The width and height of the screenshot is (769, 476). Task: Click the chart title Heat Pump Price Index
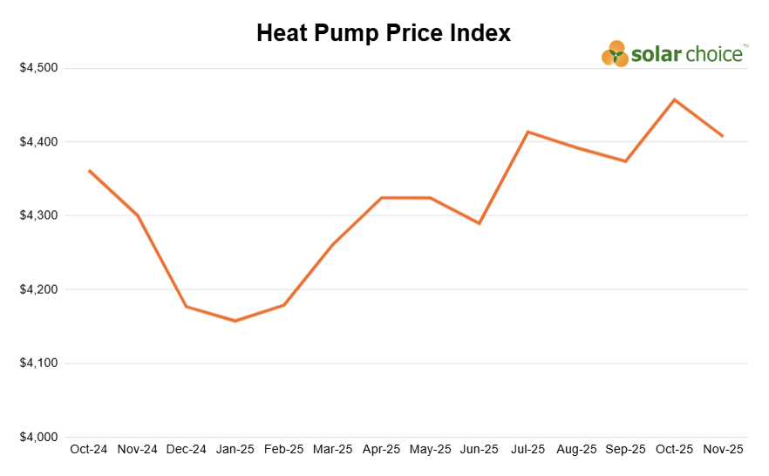(x=384, y=33)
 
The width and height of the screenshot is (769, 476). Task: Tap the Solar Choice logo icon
(x=615, y=54)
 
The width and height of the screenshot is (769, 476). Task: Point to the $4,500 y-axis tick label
(x=38, y=68)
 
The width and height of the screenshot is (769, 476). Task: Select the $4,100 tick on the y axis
(x=38, y=363)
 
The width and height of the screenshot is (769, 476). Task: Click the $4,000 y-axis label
(x=38, y=437)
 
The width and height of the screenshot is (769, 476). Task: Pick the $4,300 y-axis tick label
(x=38, y=215)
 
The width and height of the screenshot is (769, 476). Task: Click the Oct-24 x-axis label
(x=88, y=450)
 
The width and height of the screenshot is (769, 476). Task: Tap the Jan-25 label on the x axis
(x=235, y=450)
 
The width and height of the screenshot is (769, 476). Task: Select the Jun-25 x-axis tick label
(x=479, y=450)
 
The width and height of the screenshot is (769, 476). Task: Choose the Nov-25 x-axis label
(x=723, y=450)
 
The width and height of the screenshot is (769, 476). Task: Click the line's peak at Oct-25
(x=674, y=99)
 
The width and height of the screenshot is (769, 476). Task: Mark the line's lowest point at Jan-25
(x=235, y=321)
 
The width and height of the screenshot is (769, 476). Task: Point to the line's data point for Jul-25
(x=527, y=132)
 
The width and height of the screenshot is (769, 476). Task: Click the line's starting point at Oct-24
(x=89, y=170)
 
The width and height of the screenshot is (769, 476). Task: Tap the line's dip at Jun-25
(x=479, y=223)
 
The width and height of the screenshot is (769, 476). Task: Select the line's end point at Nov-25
(x=723, y=136)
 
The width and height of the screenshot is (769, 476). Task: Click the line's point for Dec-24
(x=186, y=306)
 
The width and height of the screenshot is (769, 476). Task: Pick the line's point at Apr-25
(x=381, y=198)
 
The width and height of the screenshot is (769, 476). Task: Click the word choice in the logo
(x=713, y=54)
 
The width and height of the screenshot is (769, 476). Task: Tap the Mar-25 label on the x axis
(x=332, y=450)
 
